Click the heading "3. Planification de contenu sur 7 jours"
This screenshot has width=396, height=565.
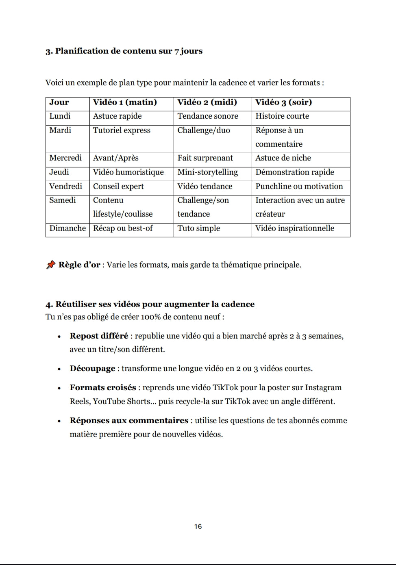[124, 51]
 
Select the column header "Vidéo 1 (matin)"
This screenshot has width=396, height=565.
[125, 102]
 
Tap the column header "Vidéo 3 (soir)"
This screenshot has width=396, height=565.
[283, 102]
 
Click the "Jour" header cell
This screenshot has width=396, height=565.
[59, 102]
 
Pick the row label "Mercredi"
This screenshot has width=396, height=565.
[65, 158]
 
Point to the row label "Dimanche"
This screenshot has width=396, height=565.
[67, 228]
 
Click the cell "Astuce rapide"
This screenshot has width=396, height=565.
[117, 116]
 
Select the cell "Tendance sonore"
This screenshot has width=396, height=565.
[207, 116]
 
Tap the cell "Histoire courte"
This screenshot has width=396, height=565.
[282, 116]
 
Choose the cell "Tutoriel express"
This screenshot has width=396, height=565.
[122, 130]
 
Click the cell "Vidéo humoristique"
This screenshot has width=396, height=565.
[128, 172]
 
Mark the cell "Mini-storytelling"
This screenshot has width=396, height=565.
[207, 172]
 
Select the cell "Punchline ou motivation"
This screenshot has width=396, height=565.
[299, 187]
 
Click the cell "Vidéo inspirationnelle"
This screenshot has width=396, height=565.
[294, 228]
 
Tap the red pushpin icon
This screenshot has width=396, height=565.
[50, 265]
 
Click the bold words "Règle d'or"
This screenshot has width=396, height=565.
[79, 265]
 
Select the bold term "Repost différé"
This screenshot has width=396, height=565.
[99, 336]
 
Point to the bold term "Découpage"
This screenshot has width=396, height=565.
[92, 369]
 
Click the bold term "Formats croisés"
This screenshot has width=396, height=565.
[102, 388]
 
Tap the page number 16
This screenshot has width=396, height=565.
[198, 526]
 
